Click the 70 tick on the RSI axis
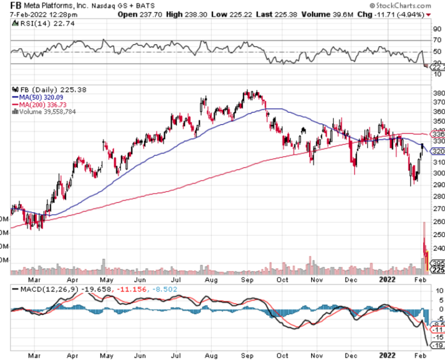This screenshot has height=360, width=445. (437, 40)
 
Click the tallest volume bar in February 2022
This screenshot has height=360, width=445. (423, 247)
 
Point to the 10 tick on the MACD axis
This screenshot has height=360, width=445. (437, 291)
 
